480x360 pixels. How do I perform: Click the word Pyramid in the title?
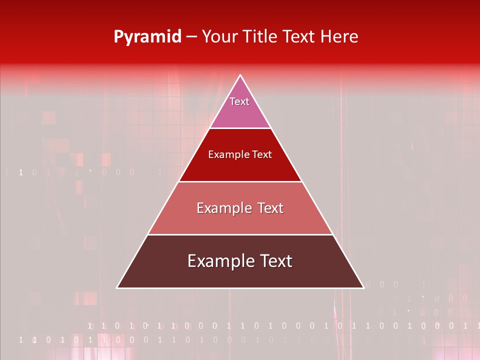click(147, 37)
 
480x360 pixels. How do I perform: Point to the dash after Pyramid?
click(191, 37)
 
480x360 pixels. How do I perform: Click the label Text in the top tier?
click(239, 101)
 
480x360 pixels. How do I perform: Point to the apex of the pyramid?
click(240, 75)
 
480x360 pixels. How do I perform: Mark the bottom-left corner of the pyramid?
click(117, 288)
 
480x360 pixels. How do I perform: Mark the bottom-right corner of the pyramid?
click(363, 288)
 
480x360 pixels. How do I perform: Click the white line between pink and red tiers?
click(240, 128)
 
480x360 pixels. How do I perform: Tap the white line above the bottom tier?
click(240, 234)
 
